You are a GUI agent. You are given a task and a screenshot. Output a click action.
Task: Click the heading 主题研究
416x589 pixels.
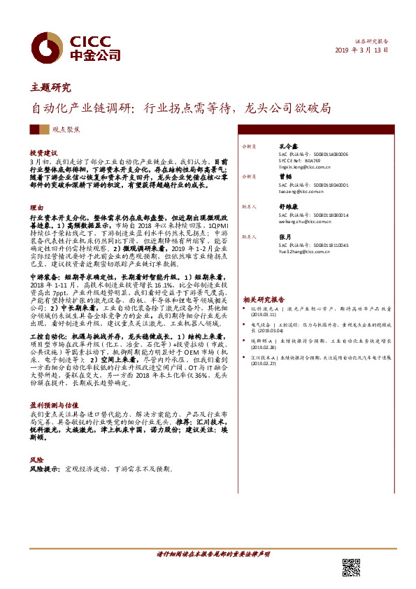tap(50, 87)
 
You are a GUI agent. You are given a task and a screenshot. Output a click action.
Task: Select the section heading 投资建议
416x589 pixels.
tap(43, 152)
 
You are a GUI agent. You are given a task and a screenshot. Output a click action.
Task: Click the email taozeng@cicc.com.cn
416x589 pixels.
tap(300, 191)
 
